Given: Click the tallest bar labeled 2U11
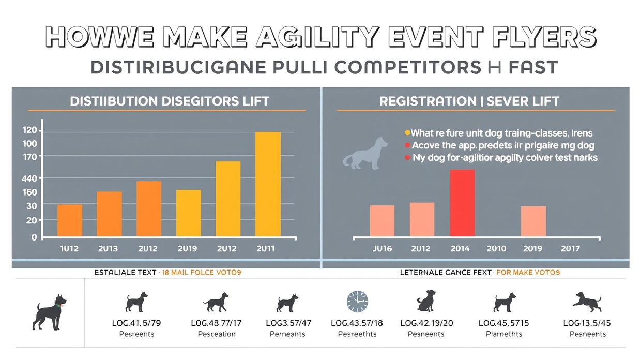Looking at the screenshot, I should coord(268,185).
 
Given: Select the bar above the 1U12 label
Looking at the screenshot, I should coord(70,221).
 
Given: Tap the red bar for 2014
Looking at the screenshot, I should coord(462,203).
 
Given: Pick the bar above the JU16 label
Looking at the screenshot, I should coord(382,221).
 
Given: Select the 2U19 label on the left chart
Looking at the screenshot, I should coord(187,249).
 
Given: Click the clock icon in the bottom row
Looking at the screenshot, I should coord(357,301).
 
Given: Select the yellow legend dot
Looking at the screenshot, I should coord(407,133).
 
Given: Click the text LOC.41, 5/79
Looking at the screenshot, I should coord(136,323).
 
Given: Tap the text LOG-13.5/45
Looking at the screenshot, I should coord(587,323).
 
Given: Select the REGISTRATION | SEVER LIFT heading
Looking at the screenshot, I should coord(469,101).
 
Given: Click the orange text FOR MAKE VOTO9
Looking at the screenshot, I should coord(528,272).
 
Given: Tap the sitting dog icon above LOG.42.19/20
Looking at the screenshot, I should coord(425,301).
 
